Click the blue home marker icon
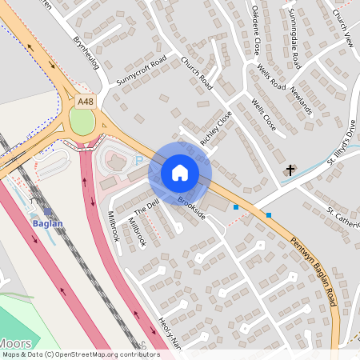coord(180,172)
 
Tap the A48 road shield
coord(85,102)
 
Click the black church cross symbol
coord(291,170)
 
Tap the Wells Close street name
coord(263,115)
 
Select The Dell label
coord(146,205)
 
